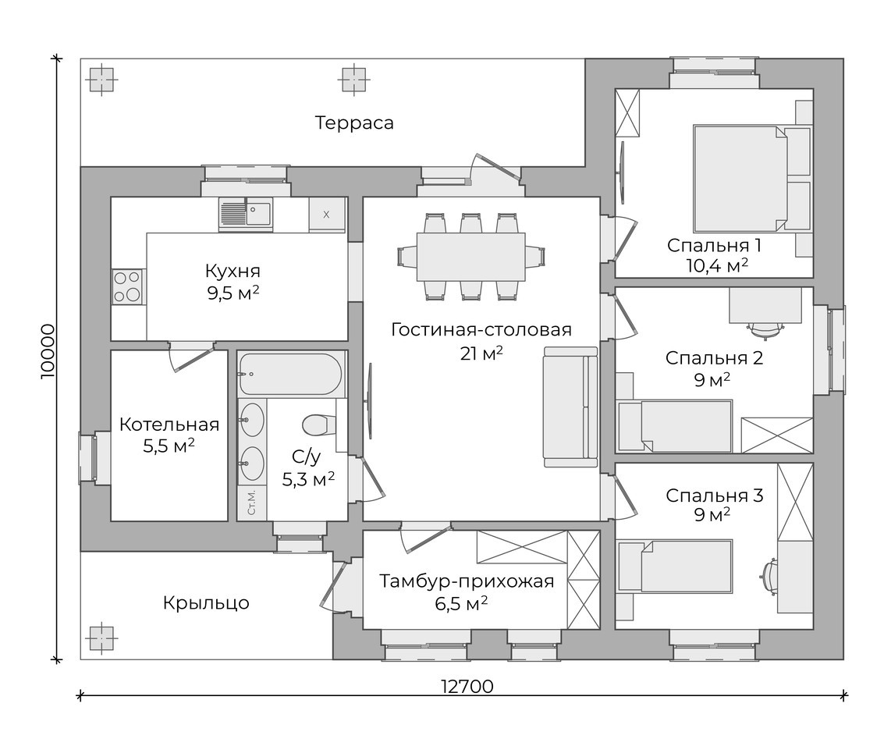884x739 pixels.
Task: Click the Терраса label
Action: (x=354, y=123)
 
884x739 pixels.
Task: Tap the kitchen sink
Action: (x=245, y=214)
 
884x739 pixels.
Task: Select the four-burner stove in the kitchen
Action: (x=127, y=287)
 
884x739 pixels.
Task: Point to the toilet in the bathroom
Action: (x=318, y=425)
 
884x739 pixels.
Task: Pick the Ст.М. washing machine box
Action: (x=251, y=502)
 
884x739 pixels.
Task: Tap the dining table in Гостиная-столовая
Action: (x=470, y=257)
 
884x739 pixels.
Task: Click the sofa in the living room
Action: (x=570, y=407)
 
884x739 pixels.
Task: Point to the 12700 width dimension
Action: (x=467, y=687)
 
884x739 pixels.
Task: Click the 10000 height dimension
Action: (x=48, y=351)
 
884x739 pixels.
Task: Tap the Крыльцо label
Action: (x=206, y=603)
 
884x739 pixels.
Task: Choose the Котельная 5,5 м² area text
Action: (x=169, y=435)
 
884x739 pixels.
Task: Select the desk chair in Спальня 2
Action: (x=765, y=329)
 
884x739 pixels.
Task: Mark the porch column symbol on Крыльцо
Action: (x=101, y=638)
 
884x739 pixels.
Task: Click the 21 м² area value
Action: (x=481, y=354)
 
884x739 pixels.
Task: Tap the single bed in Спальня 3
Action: (x=674, y=566)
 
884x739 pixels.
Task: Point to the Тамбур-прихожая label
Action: (x=467, y=581)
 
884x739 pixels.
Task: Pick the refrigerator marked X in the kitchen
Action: (x=327, y=214)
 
